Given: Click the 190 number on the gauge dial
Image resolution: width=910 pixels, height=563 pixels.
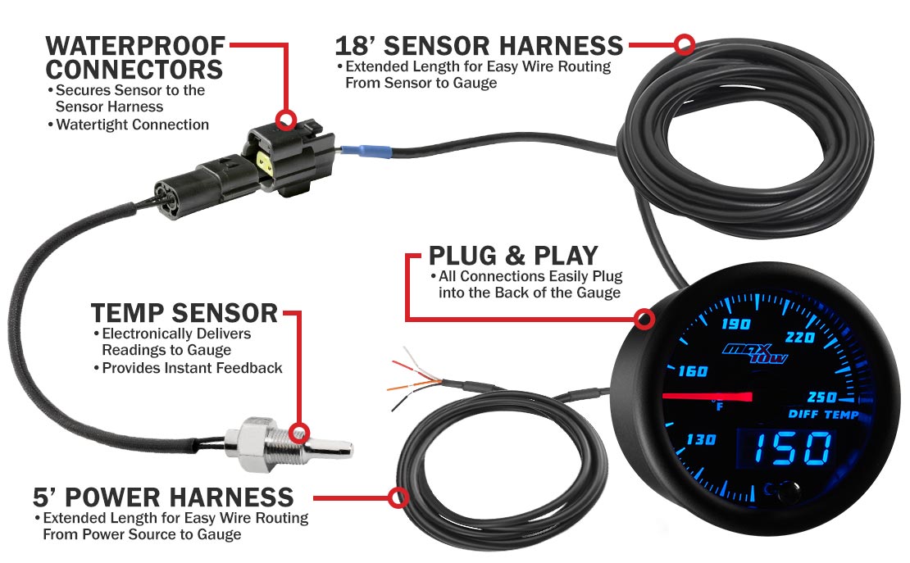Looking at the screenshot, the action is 735,323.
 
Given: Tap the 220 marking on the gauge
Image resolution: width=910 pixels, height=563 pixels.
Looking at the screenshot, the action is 799,337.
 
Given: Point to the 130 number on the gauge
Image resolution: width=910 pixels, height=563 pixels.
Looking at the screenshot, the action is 700,439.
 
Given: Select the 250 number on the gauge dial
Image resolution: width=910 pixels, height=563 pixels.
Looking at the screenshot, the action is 821,397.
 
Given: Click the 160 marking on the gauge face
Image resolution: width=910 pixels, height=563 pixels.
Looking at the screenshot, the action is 693,370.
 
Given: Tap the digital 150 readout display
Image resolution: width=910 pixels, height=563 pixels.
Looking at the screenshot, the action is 791,448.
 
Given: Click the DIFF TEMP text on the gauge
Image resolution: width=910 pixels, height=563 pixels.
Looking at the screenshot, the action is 823,414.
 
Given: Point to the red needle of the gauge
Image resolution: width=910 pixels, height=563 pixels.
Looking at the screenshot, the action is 708,397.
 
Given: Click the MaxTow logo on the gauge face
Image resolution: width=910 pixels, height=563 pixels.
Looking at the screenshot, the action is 754,352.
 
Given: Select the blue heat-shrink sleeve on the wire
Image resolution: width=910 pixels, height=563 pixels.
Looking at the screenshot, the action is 366,151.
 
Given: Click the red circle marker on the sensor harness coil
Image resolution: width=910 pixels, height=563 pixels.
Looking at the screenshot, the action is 685,44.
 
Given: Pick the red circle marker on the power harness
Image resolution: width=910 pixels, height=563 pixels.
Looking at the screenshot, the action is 398,497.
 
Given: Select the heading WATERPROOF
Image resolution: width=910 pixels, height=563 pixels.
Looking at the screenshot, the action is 135,46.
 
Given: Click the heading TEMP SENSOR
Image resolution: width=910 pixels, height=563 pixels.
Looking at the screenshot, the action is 184,313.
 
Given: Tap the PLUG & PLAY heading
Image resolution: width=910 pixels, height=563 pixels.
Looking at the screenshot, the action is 513,256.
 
